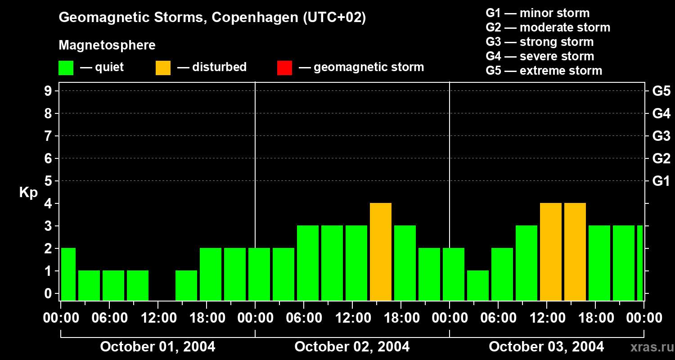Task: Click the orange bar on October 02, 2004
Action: pyautogui.click(x=381, y=252)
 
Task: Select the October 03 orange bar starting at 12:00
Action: pyautogui.click(x=551, y=252)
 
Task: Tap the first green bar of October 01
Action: pyautogui.click(x=68, y=274)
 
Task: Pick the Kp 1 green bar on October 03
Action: pyautogui.click(x=478, y=285)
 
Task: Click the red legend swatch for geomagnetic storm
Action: pyautogui.click(x=284, y=67)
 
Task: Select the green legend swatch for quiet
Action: pyautogui.click(x=66, y=67)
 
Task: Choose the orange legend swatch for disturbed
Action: pyautogui.click(x=163, y=67)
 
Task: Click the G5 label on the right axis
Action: pyautogui.click(x=661, y=91)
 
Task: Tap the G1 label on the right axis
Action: pyautogui.click(x=661, y=181)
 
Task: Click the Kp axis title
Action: pyautogui.click(x=28, y=193)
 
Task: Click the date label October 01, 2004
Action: pyautogui.click(x=157, y=347)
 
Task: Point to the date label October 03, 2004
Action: pyautogui.click(x=546, y=347)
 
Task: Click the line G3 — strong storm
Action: pyautogui.click(x=540, y=42)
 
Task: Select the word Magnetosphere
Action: pyautogui.click(x=107, y=45)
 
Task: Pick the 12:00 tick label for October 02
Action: pyautogui.click(x=352, y=318)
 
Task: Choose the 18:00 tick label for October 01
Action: pyautogui.click(x=207, y=318)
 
